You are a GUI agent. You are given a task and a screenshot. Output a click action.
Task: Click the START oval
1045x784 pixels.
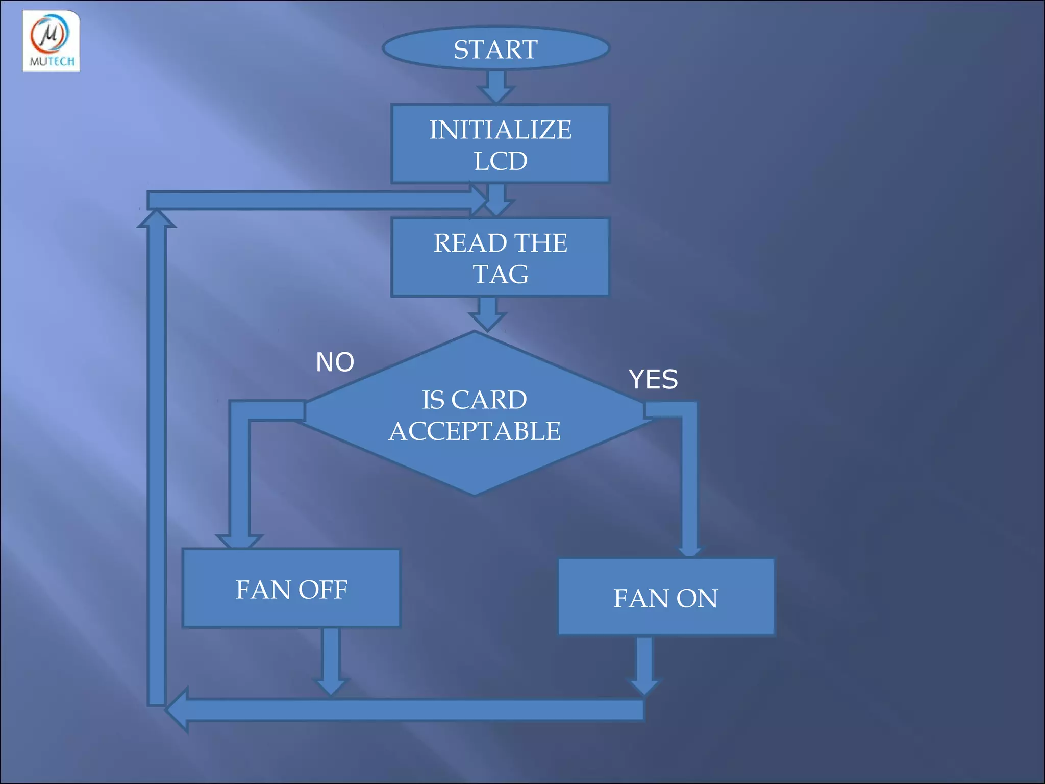pyautogui.click(x=496, y=48)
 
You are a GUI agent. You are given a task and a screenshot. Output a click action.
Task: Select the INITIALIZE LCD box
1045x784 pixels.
pyautogui.click(x=500, y=144)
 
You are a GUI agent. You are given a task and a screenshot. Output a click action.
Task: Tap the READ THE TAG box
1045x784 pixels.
pyautogui.click(x=500, y=258)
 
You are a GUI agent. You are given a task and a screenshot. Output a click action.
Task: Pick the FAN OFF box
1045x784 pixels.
pyautogui.click(x=291, y=589)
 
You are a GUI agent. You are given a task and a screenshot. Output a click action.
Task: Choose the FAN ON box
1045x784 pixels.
pyautogui.click(x=666, y=597)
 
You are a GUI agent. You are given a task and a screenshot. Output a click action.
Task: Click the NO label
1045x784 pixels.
pyautogui.click(x=335, y=362)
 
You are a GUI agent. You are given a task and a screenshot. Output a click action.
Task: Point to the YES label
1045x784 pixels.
pyautogui.click(x=653, y=380)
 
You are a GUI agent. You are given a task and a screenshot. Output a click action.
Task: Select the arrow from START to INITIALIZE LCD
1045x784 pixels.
pyautogui.click(x=496, y=86)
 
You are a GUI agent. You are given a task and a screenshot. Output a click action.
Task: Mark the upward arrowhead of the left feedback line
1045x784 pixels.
pyautogui.click(x=157, y=219)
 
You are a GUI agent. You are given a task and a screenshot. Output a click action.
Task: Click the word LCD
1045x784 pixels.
pyautogui.click(x=500, y=161)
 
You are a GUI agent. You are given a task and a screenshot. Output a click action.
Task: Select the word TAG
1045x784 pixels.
pyautogui.click(x=500, y=274)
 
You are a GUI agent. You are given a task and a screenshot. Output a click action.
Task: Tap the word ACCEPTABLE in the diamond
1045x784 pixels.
pyautogui.click(x=475, y=431)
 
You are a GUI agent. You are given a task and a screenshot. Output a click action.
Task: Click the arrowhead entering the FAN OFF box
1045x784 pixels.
pyautogui.click(x=239, y=542)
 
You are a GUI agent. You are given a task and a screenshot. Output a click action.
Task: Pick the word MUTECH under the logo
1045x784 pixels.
pyautogui.click(x=52, y=62)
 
